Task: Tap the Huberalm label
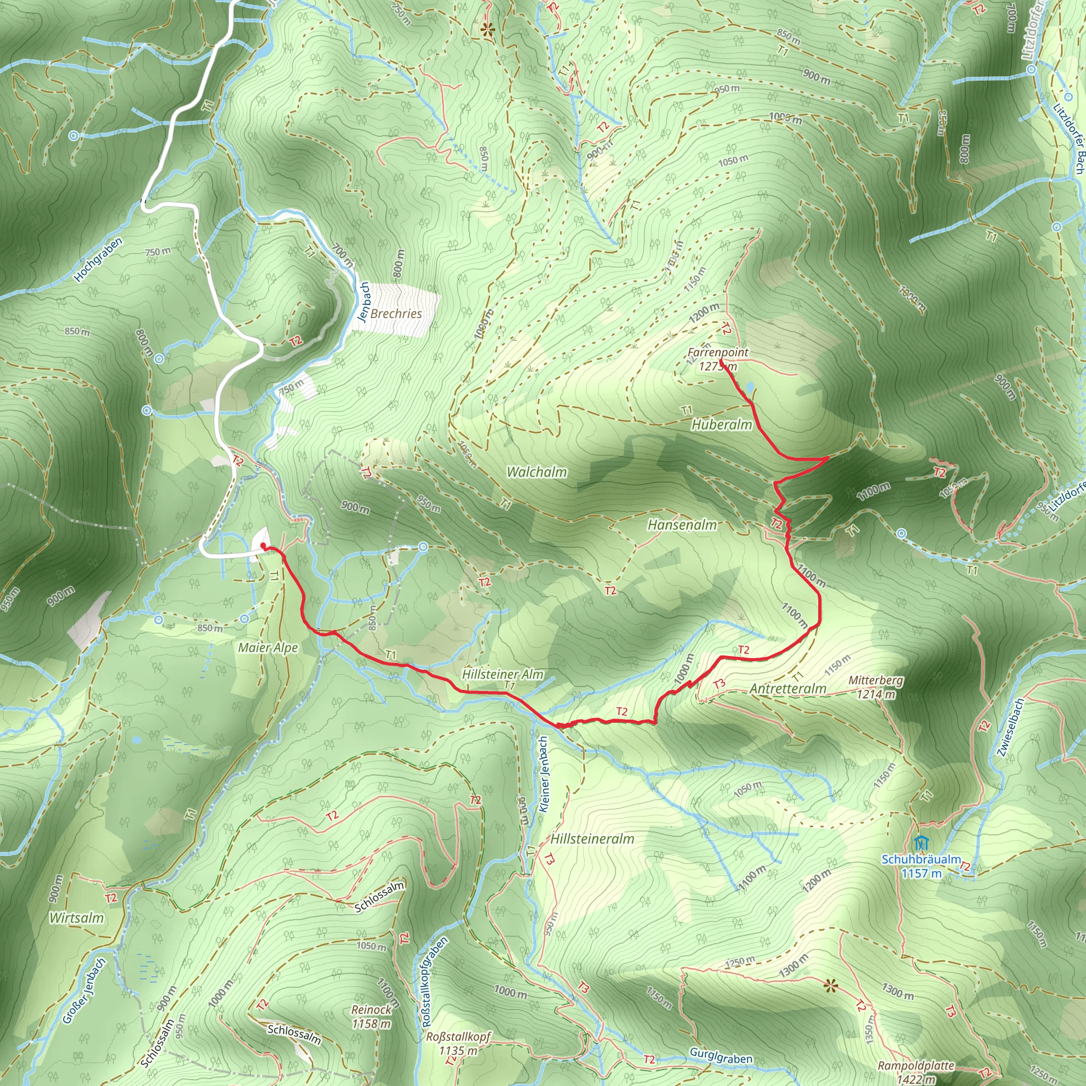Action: click(x=721, y=424)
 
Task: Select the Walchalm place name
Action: click(x=536, y=471)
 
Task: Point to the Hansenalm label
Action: click(x=682, y=524)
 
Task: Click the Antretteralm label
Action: click(x=787, y=689)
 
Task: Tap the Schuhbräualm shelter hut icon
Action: click(x=919, y=843)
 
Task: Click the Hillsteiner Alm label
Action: click(x=503, y=674)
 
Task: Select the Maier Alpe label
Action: click(x=268, y=647)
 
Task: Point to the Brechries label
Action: click(x=396, y=314)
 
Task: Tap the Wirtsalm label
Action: click(x=76, y=917)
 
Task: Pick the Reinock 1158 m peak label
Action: click(x=371, y=1017)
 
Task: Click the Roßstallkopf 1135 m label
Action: click(x=458, y=1043)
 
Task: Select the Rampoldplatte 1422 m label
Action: click(x=916, y=1071)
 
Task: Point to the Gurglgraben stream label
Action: click(x=721, y=1056)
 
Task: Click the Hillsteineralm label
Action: click(x=592, y=839)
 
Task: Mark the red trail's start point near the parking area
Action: click(x=263, y=546)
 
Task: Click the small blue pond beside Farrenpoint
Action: click(x=750, y=387)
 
